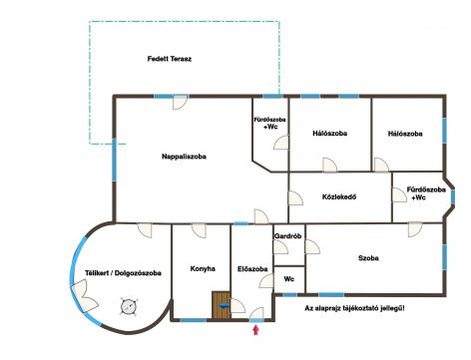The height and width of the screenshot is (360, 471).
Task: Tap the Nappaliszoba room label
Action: [185, 157]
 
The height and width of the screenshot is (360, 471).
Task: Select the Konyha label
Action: [203, 269]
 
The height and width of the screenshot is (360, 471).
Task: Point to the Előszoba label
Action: [251, 269]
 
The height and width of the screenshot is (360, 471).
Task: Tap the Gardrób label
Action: [288, 236]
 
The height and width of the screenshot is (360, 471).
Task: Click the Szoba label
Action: [368, 258]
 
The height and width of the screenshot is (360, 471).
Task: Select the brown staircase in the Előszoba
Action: [221, 305]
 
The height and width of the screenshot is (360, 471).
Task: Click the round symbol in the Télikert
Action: [127, 305]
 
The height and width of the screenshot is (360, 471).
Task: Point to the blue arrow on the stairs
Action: [223, 306]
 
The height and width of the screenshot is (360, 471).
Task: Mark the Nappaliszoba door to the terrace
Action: [181, 102]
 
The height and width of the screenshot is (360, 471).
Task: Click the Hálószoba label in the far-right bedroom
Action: [405, 133]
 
